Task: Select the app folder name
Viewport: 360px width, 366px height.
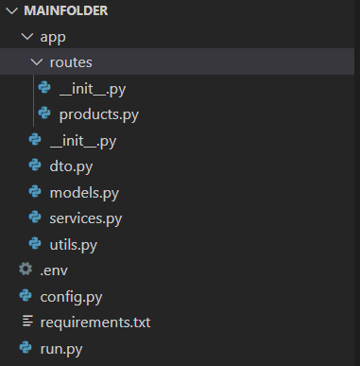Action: (x=52, y=37)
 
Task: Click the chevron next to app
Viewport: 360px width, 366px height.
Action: (x=26, y=37)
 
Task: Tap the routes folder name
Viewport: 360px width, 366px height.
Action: (x=71, y=63)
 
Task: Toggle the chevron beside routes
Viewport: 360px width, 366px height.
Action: (x=36, y=63)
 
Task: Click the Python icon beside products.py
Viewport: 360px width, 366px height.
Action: (x=43, y=114)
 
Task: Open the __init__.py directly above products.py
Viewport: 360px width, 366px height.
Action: (x=92, y=89)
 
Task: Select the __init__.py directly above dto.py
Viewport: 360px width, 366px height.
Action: (x=82, y=141)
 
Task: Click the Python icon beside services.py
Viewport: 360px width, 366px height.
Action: (x=35, y=218)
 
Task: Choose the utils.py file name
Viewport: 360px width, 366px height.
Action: (x=74, y=245)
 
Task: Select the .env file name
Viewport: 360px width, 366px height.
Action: (x=53, y=270)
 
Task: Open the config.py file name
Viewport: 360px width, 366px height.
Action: (x=71, y=297)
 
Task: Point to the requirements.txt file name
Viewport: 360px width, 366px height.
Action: (x=94, y=322)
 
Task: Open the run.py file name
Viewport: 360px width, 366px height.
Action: (x=61, y=349)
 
